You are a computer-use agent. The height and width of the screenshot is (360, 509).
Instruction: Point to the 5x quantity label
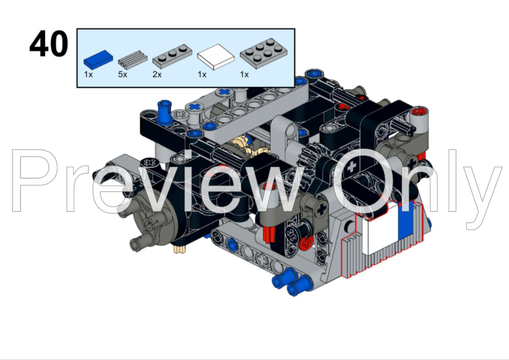coord(122,74)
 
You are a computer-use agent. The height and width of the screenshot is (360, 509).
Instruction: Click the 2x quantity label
coord(157,74)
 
